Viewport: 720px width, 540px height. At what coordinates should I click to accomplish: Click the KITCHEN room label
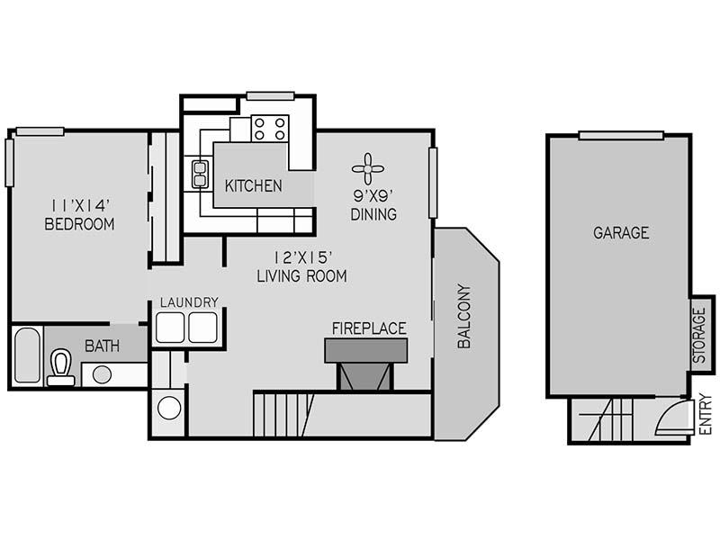(254, 186)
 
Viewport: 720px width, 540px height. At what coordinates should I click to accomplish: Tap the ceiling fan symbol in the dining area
(368, 169)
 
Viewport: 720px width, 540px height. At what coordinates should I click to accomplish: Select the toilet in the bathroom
(61, 368)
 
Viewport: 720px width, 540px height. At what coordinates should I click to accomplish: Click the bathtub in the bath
(27, 355)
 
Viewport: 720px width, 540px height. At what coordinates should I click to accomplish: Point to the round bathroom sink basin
(102, 374)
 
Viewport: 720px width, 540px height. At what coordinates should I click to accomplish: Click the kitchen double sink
(200, 174)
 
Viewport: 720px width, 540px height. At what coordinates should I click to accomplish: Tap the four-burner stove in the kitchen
(269, 129)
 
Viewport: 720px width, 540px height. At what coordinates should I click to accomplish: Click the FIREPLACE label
(369, 328)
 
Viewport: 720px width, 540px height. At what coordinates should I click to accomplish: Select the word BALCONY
(464, 316)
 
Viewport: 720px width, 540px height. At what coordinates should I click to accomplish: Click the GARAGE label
(621, 233)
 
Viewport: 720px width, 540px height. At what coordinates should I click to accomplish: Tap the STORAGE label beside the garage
(699, 335)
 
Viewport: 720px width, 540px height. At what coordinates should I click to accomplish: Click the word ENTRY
(706, 414)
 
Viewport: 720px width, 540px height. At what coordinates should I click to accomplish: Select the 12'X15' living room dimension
(302, 257)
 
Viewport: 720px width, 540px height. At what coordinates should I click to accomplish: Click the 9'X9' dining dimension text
(373, 196)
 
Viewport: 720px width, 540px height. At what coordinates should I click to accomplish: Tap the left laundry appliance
(170, 328)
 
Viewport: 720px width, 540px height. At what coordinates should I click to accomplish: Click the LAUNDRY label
(189, 302)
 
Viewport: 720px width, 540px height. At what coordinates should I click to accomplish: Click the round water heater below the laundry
(168, 408)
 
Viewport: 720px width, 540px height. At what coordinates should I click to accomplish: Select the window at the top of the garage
(621, 136)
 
